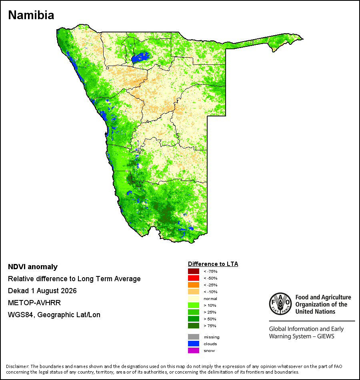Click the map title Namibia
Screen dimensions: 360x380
pyautogui.click(x=31, y=15)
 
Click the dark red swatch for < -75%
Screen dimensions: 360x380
pyautogui.click(x=194, y=271)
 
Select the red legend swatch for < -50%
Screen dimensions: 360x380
pyautogui.click(x=194, y=278)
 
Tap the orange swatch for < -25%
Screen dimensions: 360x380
pyautogui.click(x=194, y=285)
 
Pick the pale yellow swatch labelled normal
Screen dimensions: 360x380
pyautogui.click(x=194, y=298)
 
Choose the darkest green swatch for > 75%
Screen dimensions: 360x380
pyautogui.click(x=194, y=326)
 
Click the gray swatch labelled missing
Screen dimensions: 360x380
pyautogui.click(x=194, y=337)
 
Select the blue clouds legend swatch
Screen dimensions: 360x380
pyautogui.click(x=194, y=344)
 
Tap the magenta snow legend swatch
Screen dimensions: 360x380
pyautogui.click(x=194, y=350)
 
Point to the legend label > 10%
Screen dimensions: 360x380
pyautogui.click(x=210, y=305)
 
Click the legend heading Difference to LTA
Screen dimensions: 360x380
pyautogui.click(x=213, y=264)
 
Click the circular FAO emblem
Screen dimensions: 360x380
pyautogui.click(x=280, y=304)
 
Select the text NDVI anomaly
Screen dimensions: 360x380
pyautogui.click(x=33, y=267)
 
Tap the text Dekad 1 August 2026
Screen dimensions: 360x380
pyautogui.click(x=42, y=291)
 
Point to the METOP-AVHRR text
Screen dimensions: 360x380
pyautogui.click(x=34, y=303)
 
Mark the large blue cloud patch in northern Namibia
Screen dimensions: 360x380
pyautogui.click(x=140, y=57)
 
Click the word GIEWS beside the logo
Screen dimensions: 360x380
pyautogui.click(x=326, y=336)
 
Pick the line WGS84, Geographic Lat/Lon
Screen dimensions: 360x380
pyautogui.click(x=54, y=315)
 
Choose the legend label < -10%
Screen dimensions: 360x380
pyautogui.click(x=210, y=292)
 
